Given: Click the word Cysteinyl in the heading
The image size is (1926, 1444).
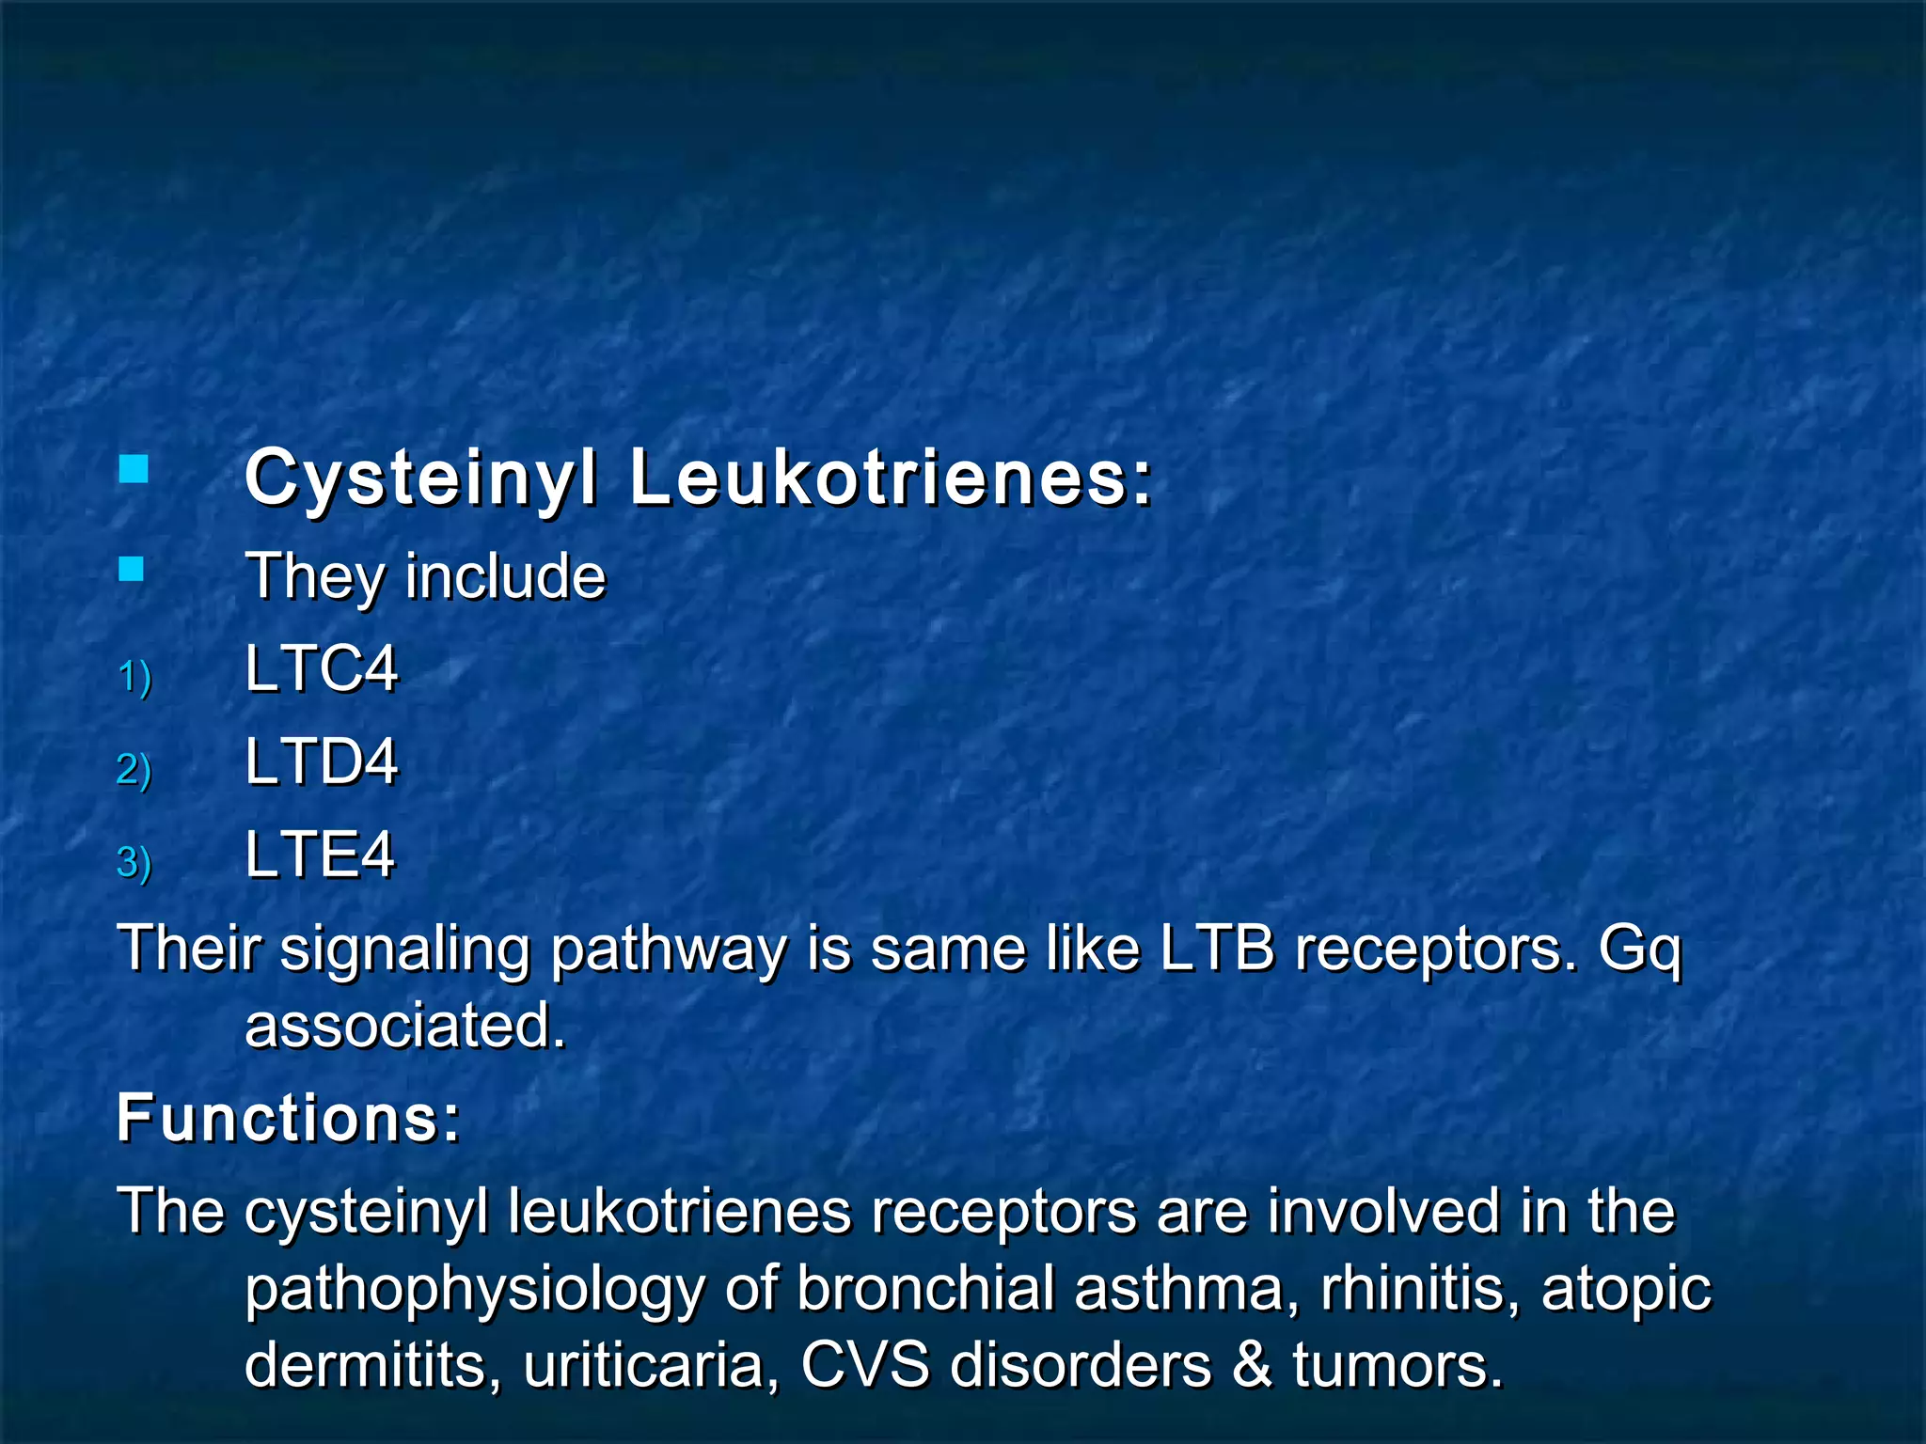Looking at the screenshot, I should (420, 479).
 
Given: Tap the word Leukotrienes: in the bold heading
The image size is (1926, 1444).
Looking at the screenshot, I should (891, 478).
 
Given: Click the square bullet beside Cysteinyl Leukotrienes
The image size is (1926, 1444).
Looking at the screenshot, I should (134, 469).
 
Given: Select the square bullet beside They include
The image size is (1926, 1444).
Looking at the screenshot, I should (132, 569).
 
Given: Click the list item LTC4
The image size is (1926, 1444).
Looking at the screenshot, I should (321, 669).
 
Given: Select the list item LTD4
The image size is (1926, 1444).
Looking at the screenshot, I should (321, 761).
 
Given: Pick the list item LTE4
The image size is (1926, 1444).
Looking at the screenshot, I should (320, 855).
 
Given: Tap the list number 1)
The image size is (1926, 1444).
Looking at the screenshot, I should (134, 677).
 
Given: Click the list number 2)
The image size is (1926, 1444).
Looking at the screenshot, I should (134, 770).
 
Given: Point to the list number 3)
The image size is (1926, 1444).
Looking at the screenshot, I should (134, 862).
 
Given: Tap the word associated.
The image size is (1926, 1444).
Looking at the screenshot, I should (405, 1025).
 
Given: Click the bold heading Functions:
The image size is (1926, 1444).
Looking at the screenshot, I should (289, 1118).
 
